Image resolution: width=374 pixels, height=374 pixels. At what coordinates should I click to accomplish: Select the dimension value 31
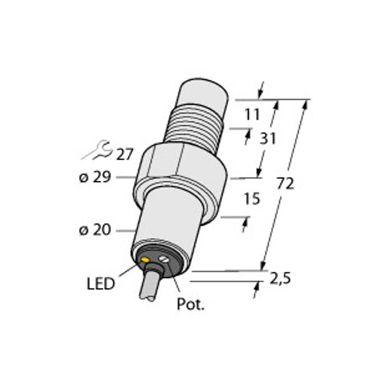[x=267, y=139]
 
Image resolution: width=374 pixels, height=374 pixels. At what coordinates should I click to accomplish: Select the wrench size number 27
[x=125, y=154]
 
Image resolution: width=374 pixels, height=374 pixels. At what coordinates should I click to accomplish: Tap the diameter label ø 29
[x=95, y=177]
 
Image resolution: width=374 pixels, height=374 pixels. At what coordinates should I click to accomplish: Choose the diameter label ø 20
[x=95, y=231]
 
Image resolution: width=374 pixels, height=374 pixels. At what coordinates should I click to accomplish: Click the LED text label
[x=100, y=284]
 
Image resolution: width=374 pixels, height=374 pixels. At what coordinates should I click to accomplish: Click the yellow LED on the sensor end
[x=146, y=259]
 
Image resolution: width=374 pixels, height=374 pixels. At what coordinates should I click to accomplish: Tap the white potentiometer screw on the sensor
[x=165, y=259]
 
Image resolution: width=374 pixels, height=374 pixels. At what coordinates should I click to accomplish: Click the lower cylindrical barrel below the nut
[x=168, y=218]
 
